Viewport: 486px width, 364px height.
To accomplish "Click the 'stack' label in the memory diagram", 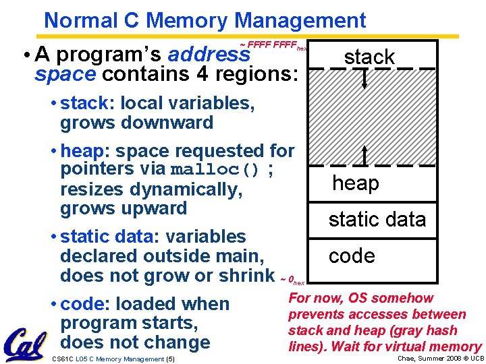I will [369, 57].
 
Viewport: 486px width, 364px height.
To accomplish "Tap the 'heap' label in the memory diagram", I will [355, 183].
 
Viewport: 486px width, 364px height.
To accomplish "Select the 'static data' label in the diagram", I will [377, 220].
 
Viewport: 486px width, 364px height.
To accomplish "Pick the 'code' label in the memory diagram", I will [351, 256].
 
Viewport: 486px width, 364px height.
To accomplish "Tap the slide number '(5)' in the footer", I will [169, 359].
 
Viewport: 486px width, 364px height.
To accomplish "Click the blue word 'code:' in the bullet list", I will [85, 304].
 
